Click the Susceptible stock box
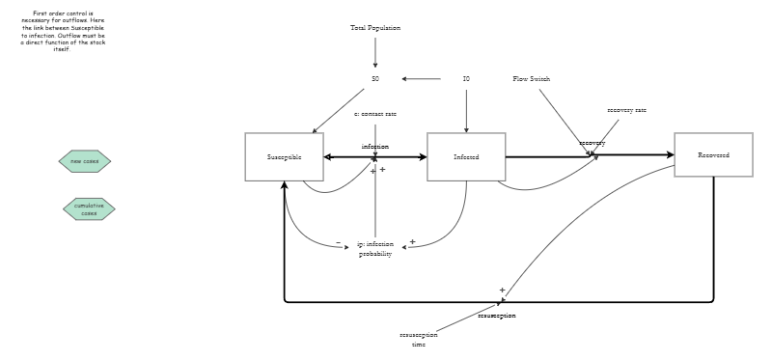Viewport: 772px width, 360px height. [284, 156]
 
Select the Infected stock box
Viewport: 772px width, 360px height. [466, 156]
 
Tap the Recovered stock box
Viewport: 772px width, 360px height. [713, 154]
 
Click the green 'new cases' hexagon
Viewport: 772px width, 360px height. [85, 161]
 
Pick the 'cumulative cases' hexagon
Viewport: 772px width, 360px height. [89, 208]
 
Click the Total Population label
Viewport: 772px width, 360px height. [375, 28]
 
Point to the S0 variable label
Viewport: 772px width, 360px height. [375, 78]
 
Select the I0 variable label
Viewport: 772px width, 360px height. [466, 78]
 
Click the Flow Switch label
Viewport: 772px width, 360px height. [532, 78]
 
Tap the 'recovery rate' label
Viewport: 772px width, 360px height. [626, 110]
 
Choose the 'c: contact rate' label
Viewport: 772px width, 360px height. [375, 114]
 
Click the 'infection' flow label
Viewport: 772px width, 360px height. [375, 146]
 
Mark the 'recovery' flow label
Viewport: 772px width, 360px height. [592, 143]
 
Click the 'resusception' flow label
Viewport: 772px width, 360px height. [496, 316]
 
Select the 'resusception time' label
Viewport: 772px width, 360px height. [418, 339]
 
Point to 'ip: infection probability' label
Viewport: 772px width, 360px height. [375, 249]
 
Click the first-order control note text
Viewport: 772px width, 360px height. [62, 31]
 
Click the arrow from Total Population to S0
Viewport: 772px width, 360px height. [375, 53]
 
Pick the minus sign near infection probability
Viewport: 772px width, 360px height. [338, 242]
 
